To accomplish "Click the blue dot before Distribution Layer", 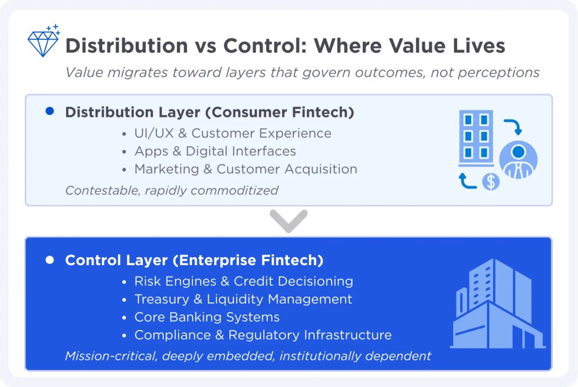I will coord(49,112).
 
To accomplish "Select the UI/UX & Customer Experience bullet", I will coord(232,134).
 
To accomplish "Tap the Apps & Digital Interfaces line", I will coord(215,151).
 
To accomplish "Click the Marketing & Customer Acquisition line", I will coord(245,169).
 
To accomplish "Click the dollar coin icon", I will coord(491,182).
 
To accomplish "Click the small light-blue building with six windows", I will coord(476,136).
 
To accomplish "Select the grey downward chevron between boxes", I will coord(289,220).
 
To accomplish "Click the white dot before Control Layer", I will coord(49,261).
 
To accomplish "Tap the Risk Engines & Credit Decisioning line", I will coord(243,282).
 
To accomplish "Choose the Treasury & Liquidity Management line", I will coord(243,300).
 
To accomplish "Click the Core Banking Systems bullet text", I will coord(207,317).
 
